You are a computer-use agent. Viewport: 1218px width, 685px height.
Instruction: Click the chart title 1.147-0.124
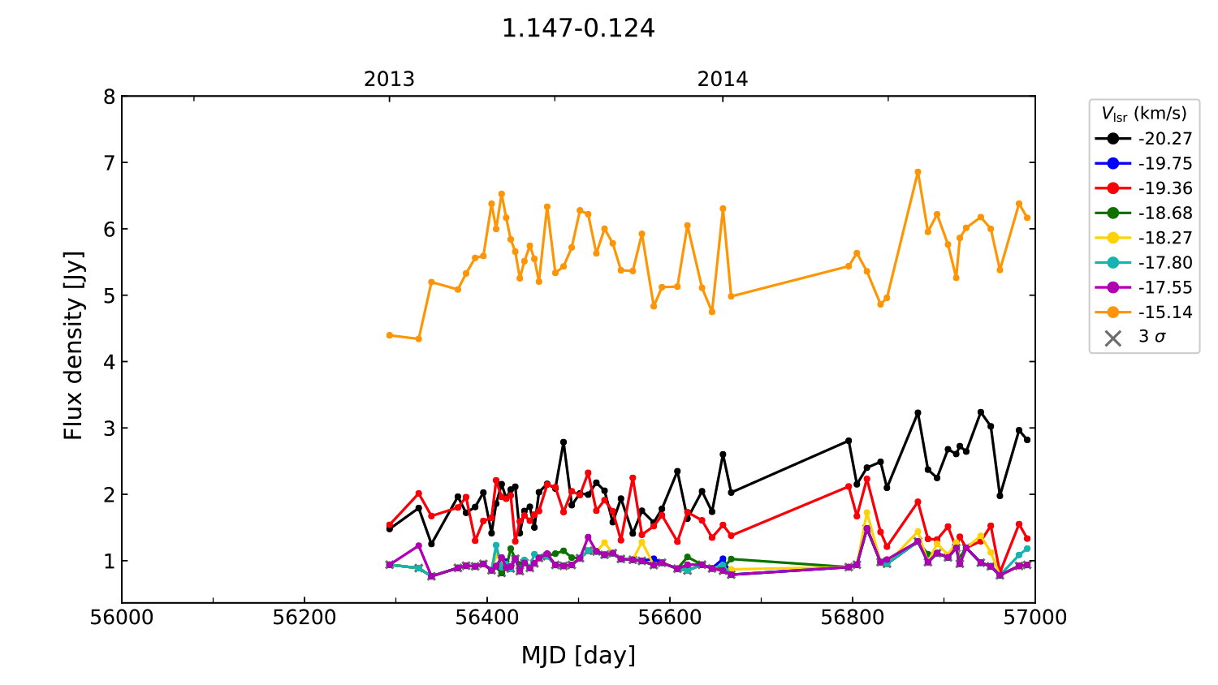coord(578,28)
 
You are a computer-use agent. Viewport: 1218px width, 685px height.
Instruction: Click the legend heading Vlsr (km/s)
coord(1143,114)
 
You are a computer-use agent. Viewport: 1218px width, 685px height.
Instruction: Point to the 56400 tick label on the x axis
coord(487,618)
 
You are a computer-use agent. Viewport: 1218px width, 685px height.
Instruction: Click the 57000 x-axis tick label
coord(1034,618)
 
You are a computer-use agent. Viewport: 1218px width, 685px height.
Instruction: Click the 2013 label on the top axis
coord(389,80)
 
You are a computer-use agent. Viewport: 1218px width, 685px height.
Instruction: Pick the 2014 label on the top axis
coord(723,80)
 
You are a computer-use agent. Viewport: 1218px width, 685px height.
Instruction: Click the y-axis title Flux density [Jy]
coord(74,345)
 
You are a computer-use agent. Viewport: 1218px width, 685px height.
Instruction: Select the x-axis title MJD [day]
coord(578,655)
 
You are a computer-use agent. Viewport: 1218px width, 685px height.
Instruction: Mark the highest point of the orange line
coord(918,172)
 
